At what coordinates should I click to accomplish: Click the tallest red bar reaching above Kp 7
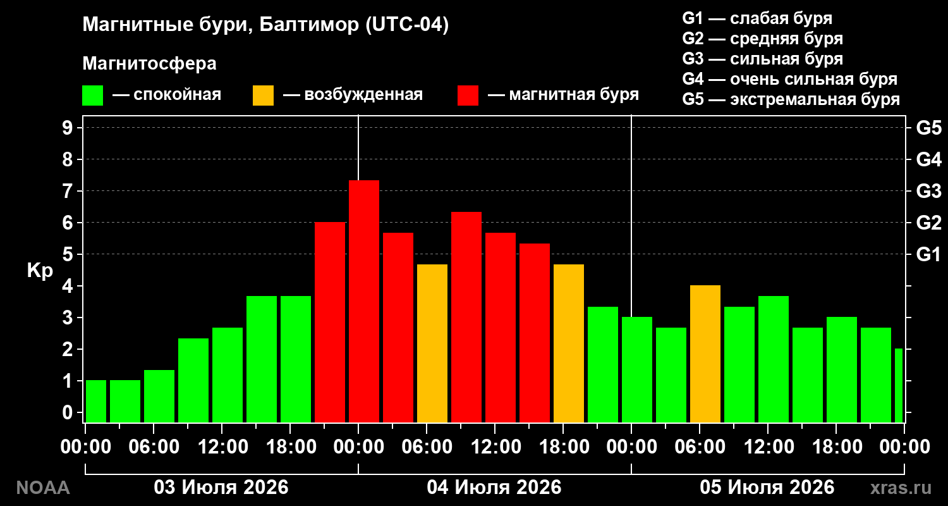(x=364, y=302)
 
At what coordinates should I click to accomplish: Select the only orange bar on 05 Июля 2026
(x=705, y=354)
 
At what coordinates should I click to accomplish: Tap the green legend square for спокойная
(x=93, y=96)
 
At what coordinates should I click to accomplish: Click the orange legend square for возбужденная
(x=263, y=96)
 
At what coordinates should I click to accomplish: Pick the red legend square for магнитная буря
(x=468, y=96)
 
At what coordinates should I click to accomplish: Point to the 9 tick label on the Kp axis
(x=67, y=128)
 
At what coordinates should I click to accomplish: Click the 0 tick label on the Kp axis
(x=67, y=412)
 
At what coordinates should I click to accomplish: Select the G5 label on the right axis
(x=929, y=128)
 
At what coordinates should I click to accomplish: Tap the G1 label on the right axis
(x=929, y=254)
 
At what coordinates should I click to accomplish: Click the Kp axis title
(x=40, y=271)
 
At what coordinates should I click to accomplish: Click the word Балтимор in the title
(x=309, y=25)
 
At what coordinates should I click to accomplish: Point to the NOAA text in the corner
(x=43, y=488)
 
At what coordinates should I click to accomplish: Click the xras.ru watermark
(x=901, y=488)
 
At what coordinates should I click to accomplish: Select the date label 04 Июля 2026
(x=494, y=488)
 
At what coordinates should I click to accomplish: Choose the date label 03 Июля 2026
(x=221, y=488)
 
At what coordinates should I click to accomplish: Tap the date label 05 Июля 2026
(x=767, y=488)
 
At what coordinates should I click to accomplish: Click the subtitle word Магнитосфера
(x=149, y=63)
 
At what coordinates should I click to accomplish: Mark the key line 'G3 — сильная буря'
(x=763, y=59)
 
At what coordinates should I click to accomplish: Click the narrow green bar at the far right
(x=899, y=386)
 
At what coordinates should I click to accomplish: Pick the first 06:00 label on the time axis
(x=154, y=447)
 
